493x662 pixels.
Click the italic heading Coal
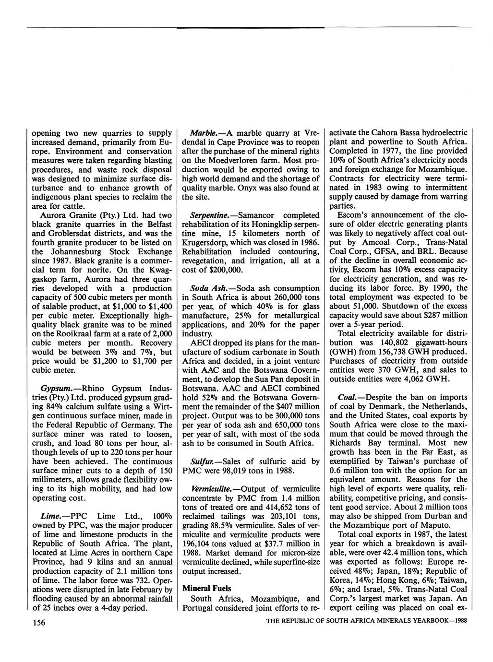click(349, 398)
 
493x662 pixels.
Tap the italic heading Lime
click(50, 516)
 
